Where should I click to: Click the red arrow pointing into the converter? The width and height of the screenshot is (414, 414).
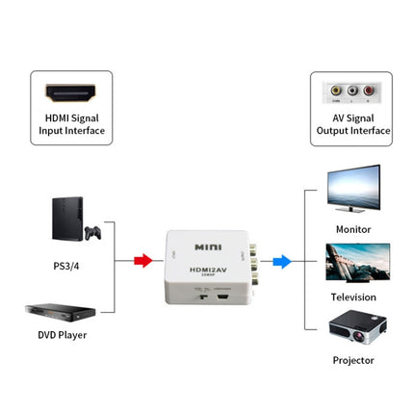pos(142,260)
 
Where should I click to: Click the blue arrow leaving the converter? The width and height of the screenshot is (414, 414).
pos(281,260)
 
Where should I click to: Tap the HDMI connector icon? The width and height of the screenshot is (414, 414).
pos(71,93)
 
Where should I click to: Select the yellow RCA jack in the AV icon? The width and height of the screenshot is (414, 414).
pos(336,91)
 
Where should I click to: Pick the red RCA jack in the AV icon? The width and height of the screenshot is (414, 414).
pos(367,91)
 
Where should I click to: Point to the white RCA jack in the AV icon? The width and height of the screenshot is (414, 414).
pos(351,91)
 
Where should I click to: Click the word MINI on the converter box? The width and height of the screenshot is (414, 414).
pos(208,246)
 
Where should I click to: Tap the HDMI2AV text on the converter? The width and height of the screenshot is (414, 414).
pos(207,270)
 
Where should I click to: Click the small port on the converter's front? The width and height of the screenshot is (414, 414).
pos(222,292)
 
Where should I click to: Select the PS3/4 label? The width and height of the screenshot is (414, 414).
pos(65,265)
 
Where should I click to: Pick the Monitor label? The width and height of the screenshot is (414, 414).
pos(352,229)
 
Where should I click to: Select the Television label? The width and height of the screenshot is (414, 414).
pos(352,298)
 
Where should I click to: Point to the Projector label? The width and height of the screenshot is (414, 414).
pos(352,360)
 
